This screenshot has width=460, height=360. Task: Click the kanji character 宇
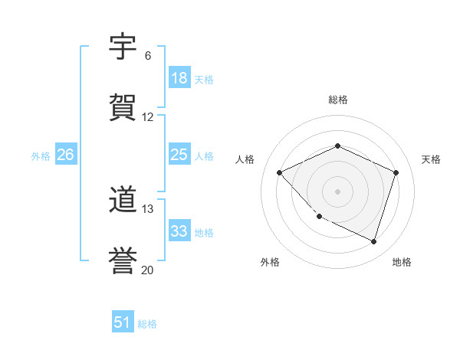pos(123,48)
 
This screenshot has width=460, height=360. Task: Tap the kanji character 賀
pos(123,108)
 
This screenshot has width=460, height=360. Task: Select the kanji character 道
pos(123,201)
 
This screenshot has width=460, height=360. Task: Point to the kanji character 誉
pos(123,260)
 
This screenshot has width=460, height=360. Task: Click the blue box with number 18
pos(179,78)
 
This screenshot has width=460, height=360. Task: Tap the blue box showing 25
pos(179,155)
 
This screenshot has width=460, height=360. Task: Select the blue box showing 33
pos(179,231)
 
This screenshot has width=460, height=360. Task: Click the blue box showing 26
pos(66,155)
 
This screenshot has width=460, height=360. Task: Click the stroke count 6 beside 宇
pos(147,56)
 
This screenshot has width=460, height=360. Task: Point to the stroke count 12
pos(148,117)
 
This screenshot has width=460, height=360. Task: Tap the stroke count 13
pos(148,208)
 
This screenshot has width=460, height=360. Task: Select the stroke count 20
pos(148,270)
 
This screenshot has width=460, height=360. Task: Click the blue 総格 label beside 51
pos(147,324)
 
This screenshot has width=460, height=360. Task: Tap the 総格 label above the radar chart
pos(338,100)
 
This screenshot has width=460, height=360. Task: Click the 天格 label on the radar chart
pos(431,159)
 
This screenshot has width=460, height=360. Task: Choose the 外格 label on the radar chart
pos(270,262)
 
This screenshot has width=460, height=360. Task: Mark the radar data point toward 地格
pos(374,241)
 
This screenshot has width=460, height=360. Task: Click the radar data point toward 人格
pos(280,173)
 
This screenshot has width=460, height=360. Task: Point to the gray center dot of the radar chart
pos(337,191)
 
